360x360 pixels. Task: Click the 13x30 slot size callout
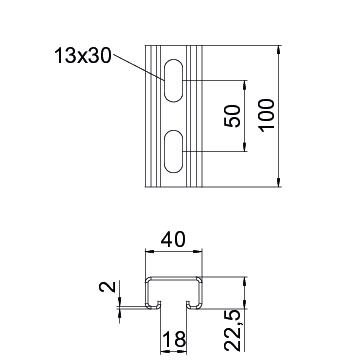[83, 55]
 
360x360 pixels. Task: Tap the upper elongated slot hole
[173, 80]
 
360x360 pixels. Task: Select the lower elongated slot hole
[173, 151]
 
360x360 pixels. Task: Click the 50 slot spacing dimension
[232, 116]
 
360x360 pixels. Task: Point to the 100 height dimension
[267, 115]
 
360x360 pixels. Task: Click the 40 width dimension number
[173, 240]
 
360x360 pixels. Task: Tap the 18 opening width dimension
[173, 340]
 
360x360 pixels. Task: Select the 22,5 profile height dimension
[232, 330]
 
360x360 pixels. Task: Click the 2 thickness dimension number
[107, 287]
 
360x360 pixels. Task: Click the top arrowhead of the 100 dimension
[279, 50]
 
